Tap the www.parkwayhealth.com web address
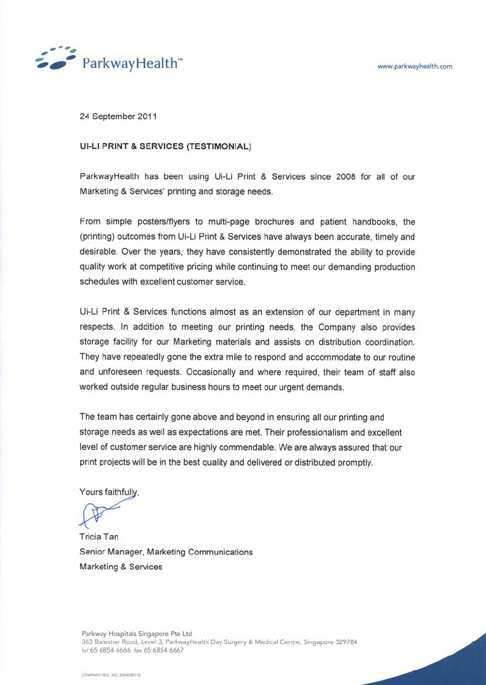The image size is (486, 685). pyautogui.click(x=415, y=67)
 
